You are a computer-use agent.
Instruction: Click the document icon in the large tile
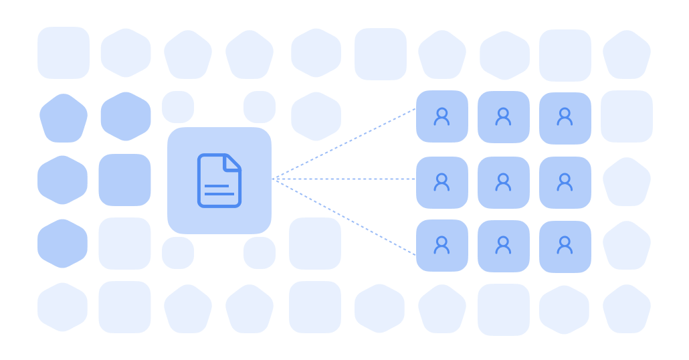click(x=219, y=180)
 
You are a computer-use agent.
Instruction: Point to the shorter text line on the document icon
click(x=216, y=185)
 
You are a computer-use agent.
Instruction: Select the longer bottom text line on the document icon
click(x=219, y=194)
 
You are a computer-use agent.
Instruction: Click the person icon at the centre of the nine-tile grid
click(x=503, y=182)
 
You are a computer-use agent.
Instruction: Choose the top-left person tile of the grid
click(x=441, y=116)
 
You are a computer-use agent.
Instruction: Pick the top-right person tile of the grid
click(x=565, y=118)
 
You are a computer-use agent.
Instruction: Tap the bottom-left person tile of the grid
click(x=441, y=246)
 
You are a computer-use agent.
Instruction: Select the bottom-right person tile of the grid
click(x=565, y=246)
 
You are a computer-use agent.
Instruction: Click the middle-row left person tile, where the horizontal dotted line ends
click(x=441, y=182)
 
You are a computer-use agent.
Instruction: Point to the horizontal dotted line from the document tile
click(x=344, y=179)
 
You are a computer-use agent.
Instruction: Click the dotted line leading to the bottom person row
click(x=344, y=217)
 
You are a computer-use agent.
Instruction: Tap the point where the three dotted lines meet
click(x=274, y=179)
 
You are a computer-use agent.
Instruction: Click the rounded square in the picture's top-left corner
click(x=64, y=53)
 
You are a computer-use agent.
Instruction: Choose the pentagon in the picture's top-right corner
click(x=627, y=54)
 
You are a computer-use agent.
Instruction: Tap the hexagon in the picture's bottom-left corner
click(x=62, y=307)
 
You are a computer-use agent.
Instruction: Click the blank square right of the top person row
click(x=627, y=116)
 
